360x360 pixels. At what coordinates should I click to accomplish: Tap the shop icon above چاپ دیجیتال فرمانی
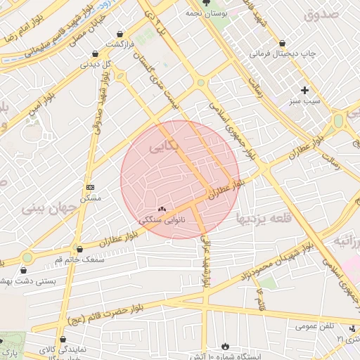click(x=282, y=43)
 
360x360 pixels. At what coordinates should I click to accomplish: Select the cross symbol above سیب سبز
click(x=304, y=90)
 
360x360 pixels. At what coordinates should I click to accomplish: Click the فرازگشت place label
click(x=120, y=44)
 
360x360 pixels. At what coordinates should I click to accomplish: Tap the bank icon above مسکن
click(x=90, y=187)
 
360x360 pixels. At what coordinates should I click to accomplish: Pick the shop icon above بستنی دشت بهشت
click(x=26, y=269)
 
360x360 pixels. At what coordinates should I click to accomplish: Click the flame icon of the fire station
click(x=225, y=347)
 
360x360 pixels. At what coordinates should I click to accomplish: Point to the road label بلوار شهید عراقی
click(x=205, y=261)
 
